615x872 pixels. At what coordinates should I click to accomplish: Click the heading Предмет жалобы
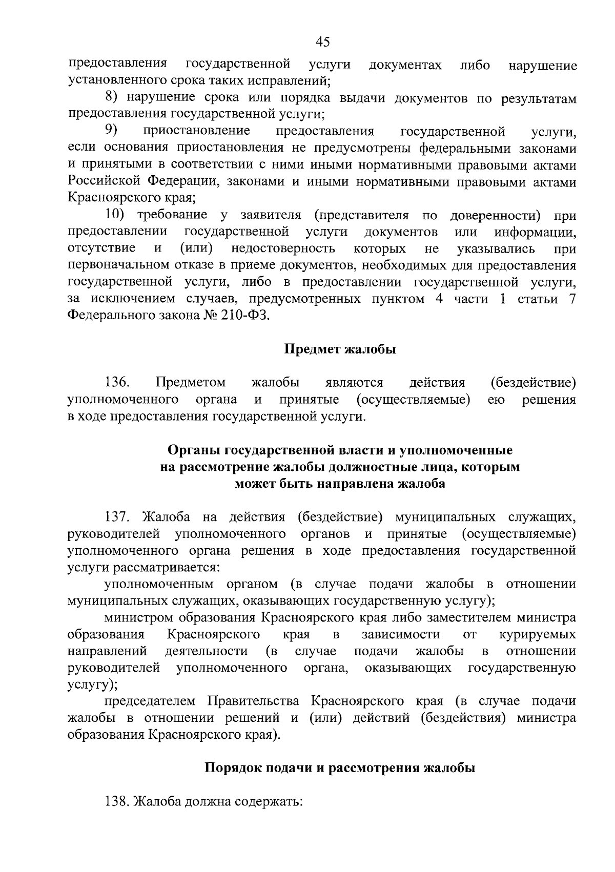[340, 350]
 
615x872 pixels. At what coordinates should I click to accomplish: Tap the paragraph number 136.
[117, 383]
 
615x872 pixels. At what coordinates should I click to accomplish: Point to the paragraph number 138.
[117, 802]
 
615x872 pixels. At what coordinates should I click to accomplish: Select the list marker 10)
[117, 215]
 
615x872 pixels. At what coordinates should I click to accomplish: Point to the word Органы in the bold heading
[194, 450]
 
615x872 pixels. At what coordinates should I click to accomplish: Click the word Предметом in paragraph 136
[191, 383]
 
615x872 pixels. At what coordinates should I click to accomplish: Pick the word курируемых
[538, 635]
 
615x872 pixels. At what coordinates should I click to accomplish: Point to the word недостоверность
[283, 249]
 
